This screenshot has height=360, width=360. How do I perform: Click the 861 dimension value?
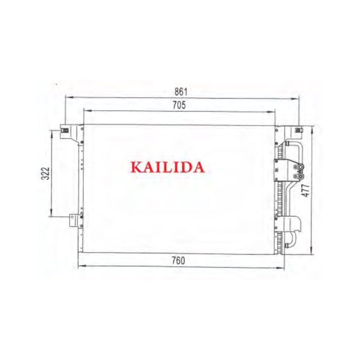181,92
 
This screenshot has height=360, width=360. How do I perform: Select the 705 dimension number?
179,105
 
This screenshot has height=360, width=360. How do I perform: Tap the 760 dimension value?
178,261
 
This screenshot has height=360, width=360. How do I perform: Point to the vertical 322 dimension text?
45,173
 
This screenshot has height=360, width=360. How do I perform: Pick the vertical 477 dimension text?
306,190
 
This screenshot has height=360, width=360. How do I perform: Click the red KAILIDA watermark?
167,167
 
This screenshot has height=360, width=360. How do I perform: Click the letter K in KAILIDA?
136,167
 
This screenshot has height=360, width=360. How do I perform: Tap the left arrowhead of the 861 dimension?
69,97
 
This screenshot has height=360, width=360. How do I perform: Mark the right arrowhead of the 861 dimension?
295,99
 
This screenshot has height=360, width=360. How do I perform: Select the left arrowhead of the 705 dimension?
88,111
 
